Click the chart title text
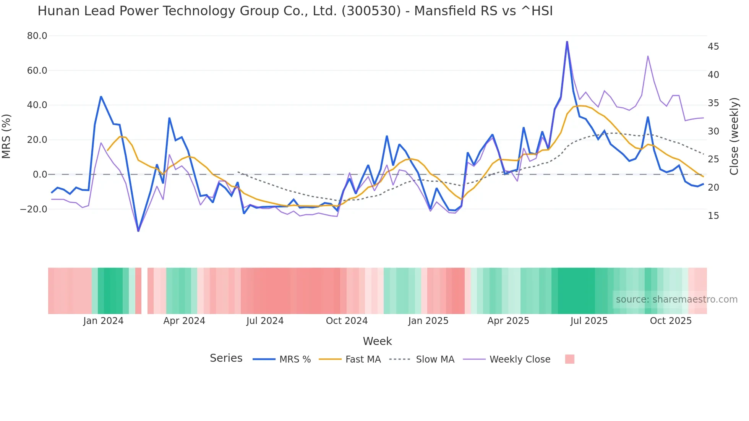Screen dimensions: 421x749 point(295,11)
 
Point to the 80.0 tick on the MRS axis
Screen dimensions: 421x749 point(37,36)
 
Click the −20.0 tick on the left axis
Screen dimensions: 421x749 point(34,209)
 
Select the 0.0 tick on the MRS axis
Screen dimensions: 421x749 point(40,175)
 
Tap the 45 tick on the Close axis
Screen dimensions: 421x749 point(713,47)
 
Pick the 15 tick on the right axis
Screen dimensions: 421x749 point(713,216)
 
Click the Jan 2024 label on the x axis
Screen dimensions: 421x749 point(103,321)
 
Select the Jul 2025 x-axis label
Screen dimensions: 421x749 point(589,321)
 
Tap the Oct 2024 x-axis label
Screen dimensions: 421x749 point(347,321)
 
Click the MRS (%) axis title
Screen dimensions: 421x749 point(6,136)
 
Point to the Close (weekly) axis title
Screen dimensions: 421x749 point(734,136)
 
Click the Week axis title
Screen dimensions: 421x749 point(377,341)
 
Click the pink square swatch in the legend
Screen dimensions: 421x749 point(569,359)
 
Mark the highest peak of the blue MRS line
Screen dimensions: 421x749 point(567,42)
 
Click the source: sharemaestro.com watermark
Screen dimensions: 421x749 point(676,300)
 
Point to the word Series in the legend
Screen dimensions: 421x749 point(226,358)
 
